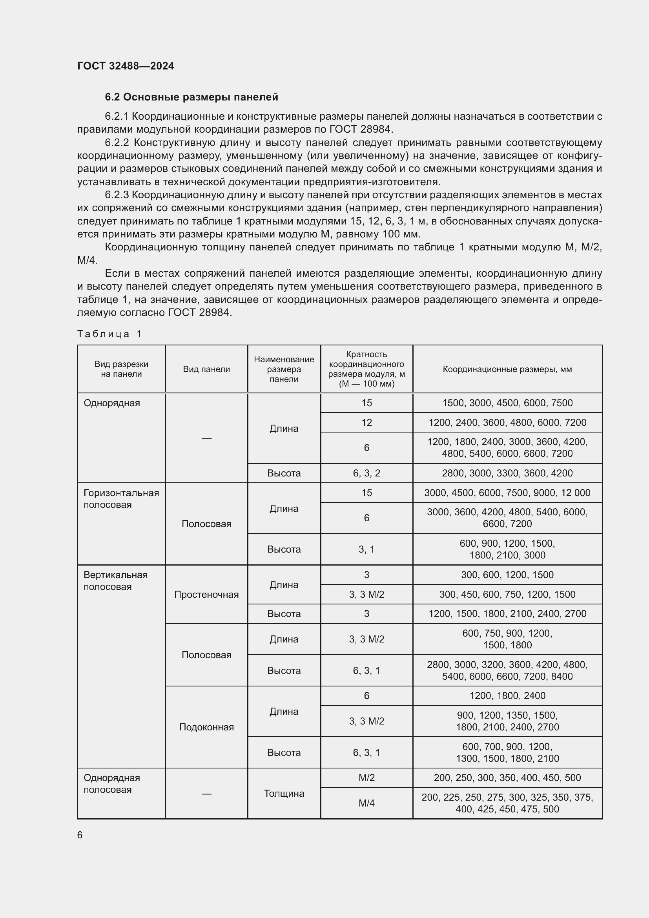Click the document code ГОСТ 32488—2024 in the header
click(x=126, y=66)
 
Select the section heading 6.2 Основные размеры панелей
click(x=191, y=97)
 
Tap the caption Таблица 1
click(x=109, y=334)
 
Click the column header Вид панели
click(x=206, y=369)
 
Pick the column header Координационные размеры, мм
click(x=507, y=369)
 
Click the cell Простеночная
click(x=206, y=595)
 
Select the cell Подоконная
click(x=206, y=727)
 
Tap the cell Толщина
click(x=284, y=793)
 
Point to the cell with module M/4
click(x=366, y=803)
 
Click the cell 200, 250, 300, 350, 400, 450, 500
click(x=507, y=777)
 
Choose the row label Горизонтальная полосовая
click(x=121, y=498)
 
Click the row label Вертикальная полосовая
click(x=115, y=580)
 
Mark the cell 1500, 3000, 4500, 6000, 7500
click(x=507, y=403)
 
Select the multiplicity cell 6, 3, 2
click(x=366, y=473)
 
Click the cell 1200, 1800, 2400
click(x=507, y=696)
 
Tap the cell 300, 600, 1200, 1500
click(x=507, y=575)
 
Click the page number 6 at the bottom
click(x=80, y=835)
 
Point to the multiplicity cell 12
click(x=366, y=423)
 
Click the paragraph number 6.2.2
click(x=117, y=143)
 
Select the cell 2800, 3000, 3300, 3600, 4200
click(x=507, y=473)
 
